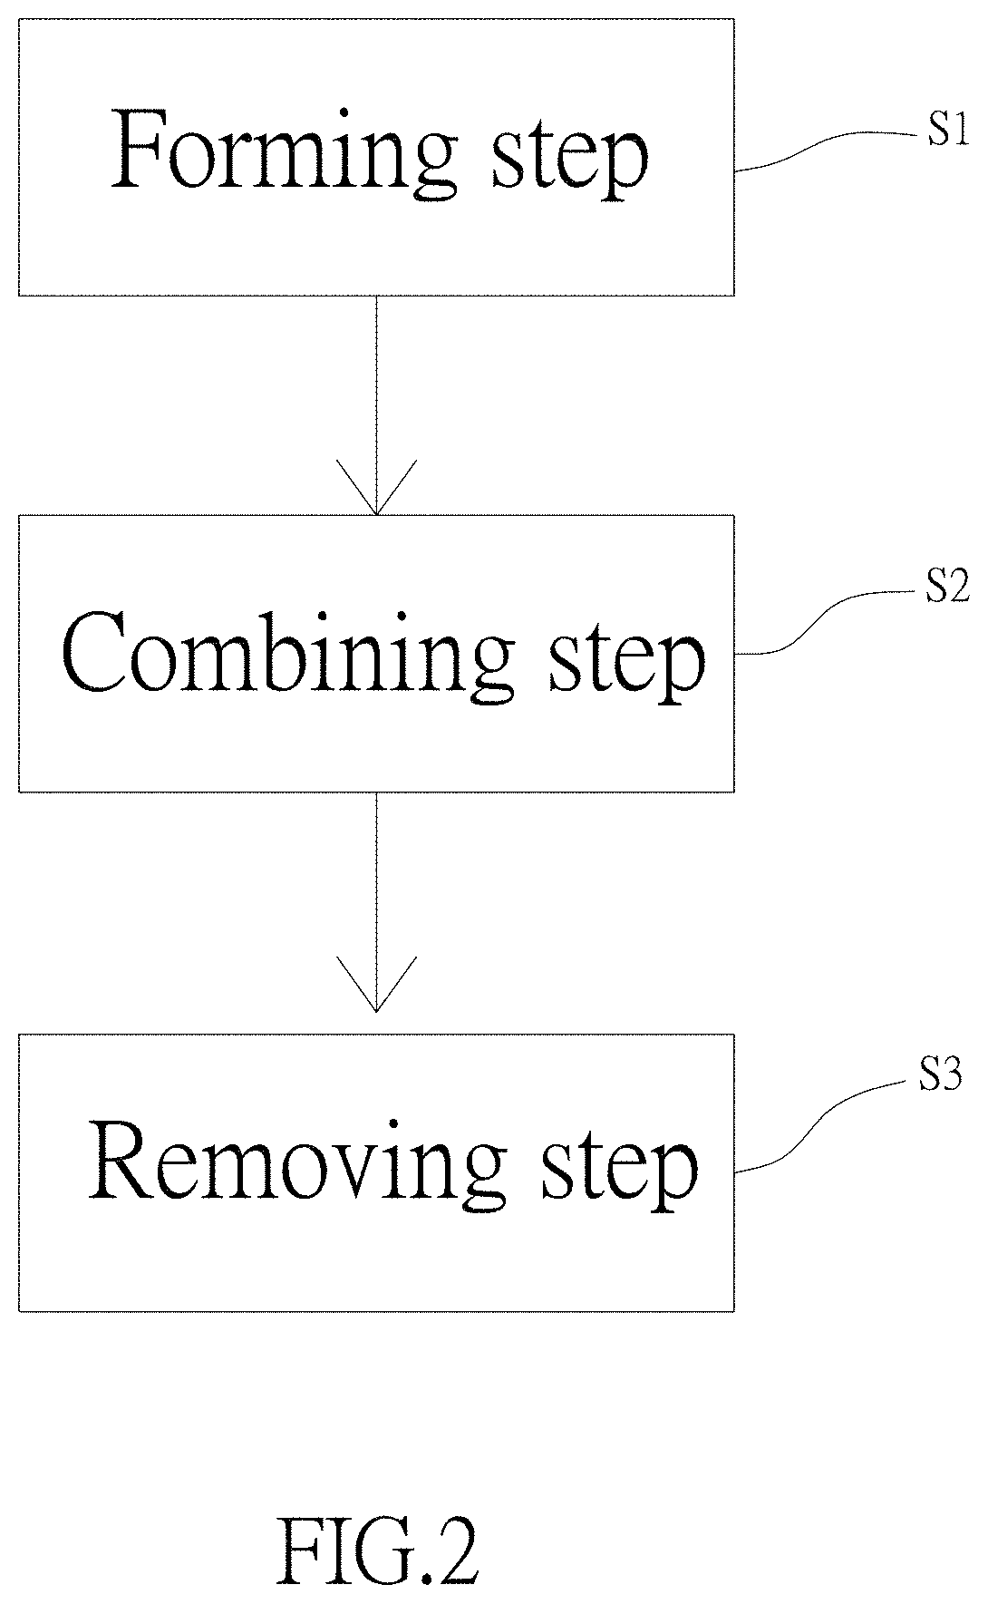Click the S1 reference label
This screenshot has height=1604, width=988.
947,132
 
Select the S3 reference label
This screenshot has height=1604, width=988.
939,1076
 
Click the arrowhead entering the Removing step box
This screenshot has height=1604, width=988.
376,983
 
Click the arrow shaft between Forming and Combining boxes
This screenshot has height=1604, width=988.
376,405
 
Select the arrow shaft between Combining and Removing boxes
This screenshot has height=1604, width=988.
376,901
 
